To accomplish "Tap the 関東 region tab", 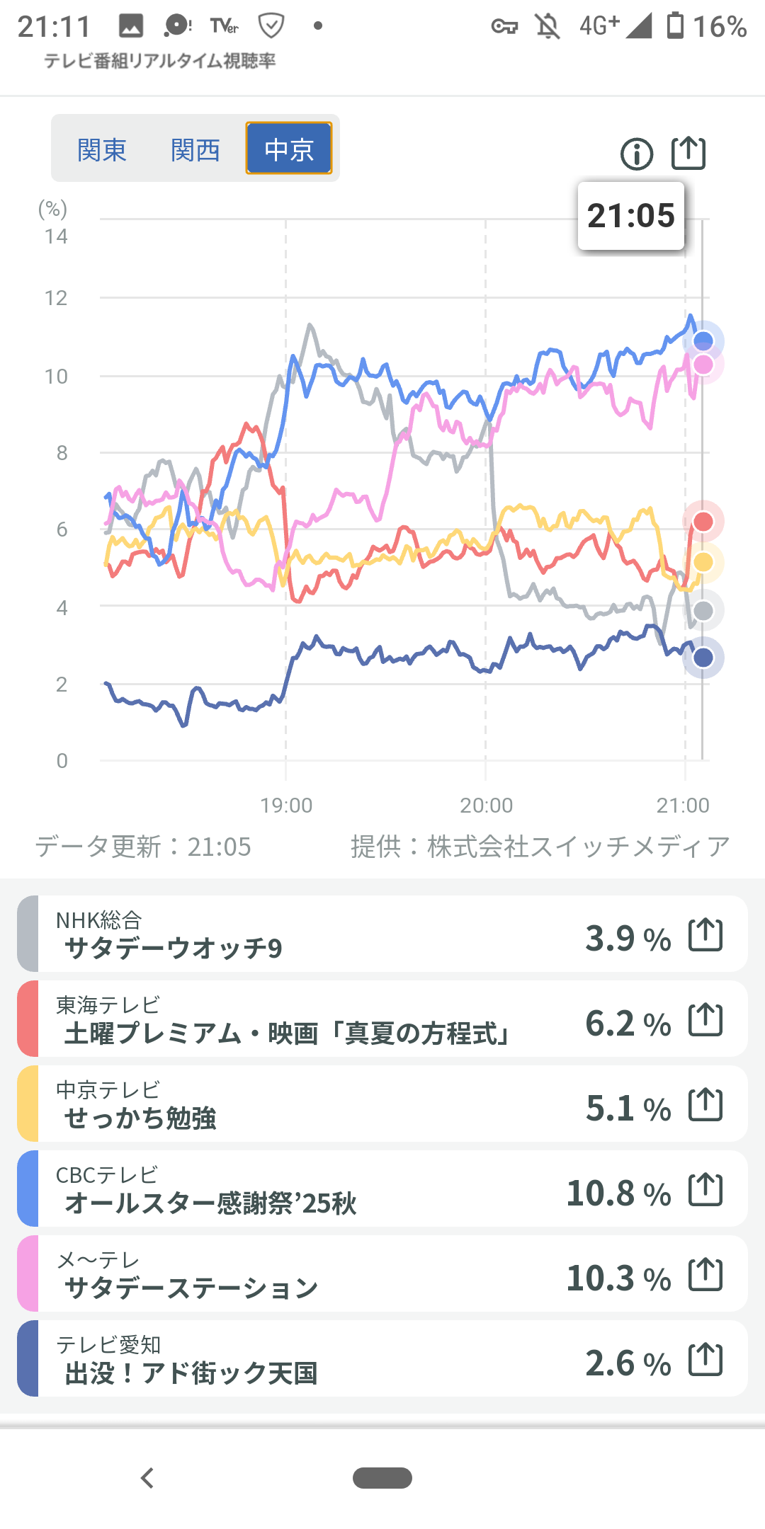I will click(102, 150).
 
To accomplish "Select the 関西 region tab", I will click(195, 150).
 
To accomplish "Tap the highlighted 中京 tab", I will click(289, 149).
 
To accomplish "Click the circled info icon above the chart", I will click(637, 154).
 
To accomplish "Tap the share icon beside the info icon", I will click(688, 153).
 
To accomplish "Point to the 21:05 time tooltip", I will click(631, 216).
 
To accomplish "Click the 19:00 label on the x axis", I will click(286, 806).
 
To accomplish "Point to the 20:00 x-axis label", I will click(486, 806).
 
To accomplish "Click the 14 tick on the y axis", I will click(56, 236).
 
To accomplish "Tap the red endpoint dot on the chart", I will click(703, 522).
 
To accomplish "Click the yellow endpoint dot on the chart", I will click(703, 562).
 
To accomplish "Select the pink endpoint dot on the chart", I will click(703, 365).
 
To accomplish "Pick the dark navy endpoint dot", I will click(703, 658).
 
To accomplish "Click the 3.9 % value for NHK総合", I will click(628, 939).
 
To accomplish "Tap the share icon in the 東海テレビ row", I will click(705, 1019).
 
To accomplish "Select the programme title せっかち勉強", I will click(140, 1118).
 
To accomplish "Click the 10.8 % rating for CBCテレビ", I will click(618, 1193).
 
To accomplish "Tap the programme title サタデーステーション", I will click(191, 1288).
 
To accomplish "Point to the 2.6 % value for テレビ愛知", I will click(628, 1363).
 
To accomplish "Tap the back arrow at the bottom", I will click(147, 1478).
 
